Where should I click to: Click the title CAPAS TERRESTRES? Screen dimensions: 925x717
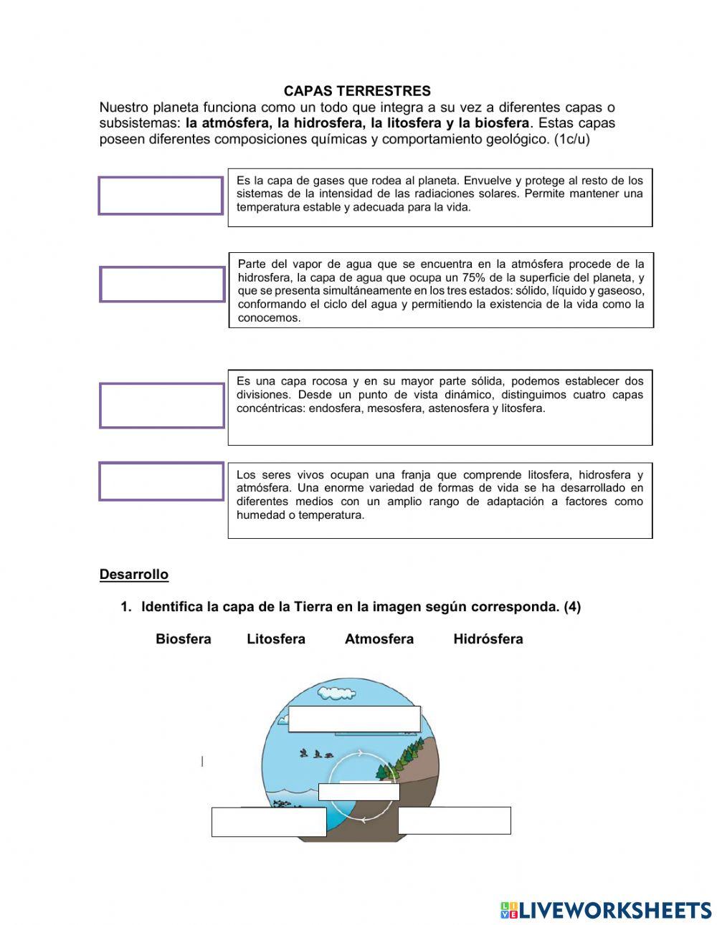coord(357,91)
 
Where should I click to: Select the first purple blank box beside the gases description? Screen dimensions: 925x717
coord(161,196)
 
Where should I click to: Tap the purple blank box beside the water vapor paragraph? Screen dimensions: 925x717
coord(162,284)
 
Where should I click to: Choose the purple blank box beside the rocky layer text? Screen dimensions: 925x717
coord(162,406)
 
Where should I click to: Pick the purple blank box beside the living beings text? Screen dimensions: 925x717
coord(161,481)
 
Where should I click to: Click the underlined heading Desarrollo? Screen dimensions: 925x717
coord(134,575)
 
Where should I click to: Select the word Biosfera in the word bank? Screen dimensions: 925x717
coord(183,639)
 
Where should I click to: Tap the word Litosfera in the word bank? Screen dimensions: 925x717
coord(276,639)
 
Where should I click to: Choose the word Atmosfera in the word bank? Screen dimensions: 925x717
coord(379,639)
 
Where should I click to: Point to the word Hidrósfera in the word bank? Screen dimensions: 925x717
coord(488,639)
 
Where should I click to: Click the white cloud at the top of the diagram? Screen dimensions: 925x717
coord(336,693)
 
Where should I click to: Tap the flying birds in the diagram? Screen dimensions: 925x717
coord(315,753)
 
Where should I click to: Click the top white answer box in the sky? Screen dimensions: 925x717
coord(354,719)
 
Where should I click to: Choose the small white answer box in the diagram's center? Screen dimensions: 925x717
coord(358,792)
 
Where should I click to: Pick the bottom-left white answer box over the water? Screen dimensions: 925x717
coord(269,822)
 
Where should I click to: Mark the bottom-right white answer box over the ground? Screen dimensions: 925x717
coord(454,820)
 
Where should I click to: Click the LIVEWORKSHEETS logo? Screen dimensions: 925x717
coord(606,910)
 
